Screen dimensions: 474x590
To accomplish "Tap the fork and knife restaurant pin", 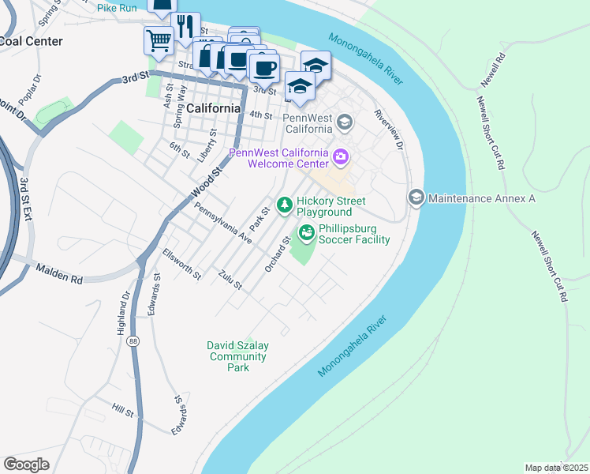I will (x=185, y=25).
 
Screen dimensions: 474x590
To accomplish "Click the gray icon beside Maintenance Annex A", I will (x=416, y=197).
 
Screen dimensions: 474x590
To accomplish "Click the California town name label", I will (x=213, y=108).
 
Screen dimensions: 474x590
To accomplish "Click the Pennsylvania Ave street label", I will (x=222, y=223).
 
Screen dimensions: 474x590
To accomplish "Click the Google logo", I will (x=26, y=465).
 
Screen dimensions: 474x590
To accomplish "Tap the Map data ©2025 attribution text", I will (x=555, y=468).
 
